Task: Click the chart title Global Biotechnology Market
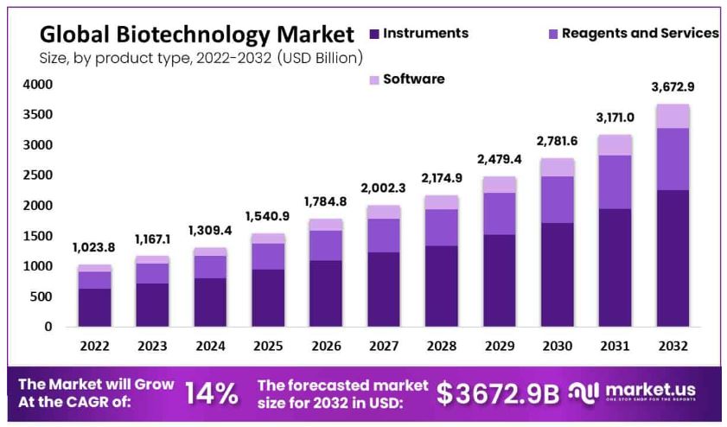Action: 197,35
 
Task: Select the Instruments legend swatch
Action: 373,34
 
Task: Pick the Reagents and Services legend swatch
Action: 552,34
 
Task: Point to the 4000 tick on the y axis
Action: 38,85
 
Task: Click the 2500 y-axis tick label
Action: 38,175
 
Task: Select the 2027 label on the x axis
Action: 379,347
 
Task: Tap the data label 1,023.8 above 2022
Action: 94,246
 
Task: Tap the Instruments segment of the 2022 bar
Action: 94,307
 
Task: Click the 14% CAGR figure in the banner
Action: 212,393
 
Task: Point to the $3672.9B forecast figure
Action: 498,393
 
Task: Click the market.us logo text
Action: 650,389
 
